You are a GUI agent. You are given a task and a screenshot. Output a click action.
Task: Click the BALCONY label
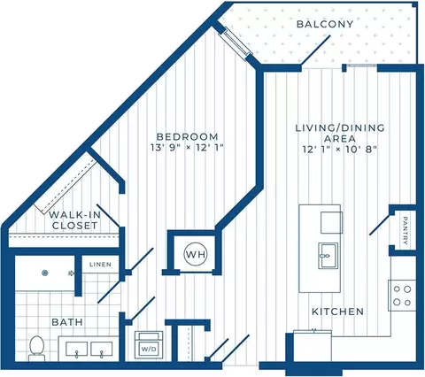pos(325,24)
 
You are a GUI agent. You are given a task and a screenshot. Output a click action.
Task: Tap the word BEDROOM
pos(187,137)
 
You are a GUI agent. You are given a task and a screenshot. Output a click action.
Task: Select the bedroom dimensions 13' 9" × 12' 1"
pos(187,148)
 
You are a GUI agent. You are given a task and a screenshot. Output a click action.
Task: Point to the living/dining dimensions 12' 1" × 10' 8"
pos(340,149)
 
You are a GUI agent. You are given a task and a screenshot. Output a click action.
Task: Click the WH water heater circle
pos(196,254)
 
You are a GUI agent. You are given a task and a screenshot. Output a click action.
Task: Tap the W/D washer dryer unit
pos(149,345)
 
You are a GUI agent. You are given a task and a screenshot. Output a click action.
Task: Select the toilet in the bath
pos(37,348)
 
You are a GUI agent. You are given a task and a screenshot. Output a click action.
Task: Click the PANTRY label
pos(406,230)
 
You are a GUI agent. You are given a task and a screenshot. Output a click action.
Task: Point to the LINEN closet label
pos(101,265)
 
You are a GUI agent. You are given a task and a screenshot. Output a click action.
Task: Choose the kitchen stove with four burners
pos(402,296)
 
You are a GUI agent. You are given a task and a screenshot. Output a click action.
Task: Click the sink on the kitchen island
pos(328,256)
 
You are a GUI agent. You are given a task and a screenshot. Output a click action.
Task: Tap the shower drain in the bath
pos(45,273)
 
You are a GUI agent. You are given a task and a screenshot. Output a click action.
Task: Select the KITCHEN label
pos(338,312)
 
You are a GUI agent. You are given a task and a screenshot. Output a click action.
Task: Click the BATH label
pos(67,322)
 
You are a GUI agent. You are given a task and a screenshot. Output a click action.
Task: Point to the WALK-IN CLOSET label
pos(74,220)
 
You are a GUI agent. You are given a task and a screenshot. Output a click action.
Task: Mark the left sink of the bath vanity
pos(76,349)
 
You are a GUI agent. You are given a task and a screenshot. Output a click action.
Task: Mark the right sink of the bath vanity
pos(102,349)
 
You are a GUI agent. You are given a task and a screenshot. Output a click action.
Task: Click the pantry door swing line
pos(380,225)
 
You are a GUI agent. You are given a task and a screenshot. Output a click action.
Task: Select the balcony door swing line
pos(315,50)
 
